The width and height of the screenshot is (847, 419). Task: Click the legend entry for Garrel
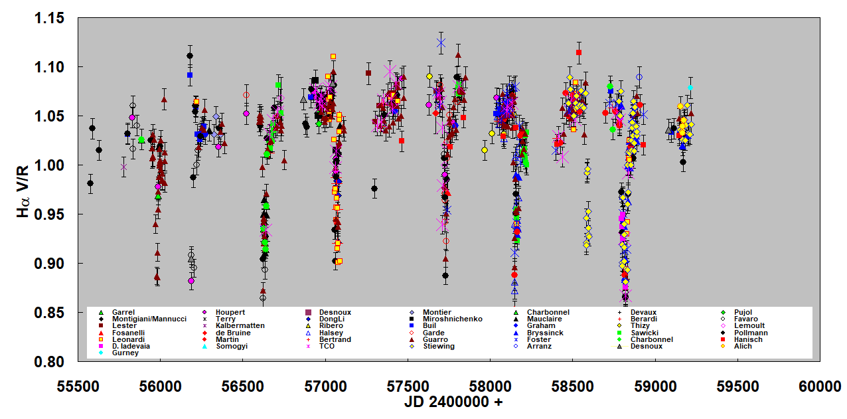123,312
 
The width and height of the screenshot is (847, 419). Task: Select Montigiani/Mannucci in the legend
149,319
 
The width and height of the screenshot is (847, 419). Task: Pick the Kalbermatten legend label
240,326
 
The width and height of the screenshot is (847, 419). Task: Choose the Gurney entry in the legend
125,353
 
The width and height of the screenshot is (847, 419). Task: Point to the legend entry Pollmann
751,333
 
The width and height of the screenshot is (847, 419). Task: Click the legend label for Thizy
641,326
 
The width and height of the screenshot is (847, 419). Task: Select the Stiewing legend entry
439,346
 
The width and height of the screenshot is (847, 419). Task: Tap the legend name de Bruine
233,333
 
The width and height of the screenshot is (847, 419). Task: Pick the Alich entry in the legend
743,346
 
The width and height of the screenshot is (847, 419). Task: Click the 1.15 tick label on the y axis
50,18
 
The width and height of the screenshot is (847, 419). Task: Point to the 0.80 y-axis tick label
50,362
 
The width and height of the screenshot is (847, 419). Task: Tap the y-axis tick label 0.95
50,214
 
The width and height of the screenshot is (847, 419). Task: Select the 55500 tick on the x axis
78,387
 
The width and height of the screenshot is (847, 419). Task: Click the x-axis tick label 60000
820,387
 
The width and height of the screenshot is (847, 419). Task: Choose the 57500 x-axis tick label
408,387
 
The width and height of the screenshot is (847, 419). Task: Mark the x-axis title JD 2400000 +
453,402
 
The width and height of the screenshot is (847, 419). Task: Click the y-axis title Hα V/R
24,189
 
